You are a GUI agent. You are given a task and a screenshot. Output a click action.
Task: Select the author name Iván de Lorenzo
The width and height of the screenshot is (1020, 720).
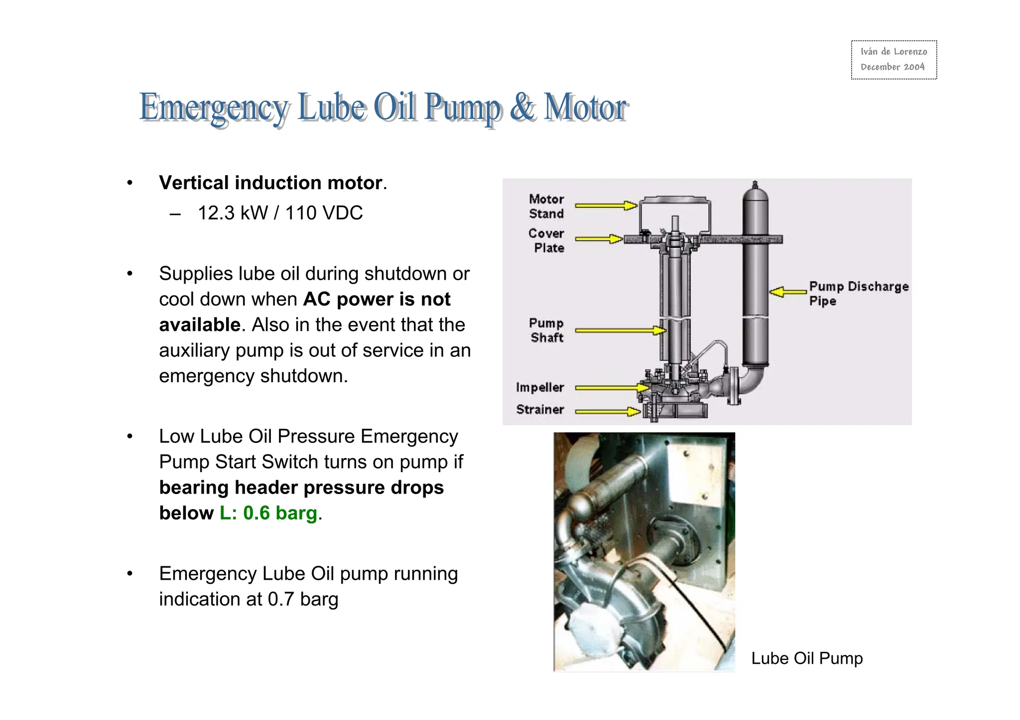coord(893,52)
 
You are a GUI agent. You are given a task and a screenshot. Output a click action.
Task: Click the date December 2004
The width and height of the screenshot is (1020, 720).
coord(892,67)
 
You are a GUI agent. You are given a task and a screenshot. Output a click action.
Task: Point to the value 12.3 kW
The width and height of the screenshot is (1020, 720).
coord(233,213)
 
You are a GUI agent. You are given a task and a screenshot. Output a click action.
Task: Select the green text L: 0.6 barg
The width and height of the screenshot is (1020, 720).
coord(268,513)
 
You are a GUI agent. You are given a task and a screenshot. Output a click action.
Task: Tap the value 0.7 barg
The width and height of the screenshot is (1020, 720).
coord(303,599)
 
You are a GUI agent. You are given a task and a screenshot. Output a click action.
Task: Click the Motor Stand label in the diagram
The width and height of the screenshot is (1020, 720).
coord(546,206)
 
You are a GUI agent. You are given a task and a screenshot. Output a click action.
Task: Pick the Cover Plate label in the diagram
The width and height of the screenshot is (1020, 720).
coord(547,240)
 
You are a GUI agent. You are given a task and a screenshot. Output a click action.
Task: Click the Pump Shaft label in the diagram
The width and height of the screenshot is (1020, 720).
coord(546,330)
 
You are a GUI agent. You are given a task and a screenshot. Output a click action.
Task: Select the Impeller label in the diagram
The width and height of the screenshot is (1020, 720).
coord(540,387)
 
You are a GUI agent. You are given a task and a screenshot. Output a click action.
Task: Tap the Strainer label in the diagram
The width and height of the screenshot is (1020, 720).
coord(540,410)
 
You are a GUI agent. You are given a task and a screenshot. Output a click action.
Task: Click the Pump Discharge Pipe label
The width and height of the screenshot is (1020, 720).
coord(858,293)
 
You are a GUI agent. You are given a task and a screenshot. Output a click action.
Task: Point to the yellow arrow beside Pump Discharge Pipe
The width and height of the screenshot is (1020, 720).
coord(787,292)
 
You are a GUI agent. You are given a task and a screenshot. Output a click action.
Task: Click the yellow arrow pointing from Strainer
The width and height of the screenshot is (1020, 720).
coord(608,411)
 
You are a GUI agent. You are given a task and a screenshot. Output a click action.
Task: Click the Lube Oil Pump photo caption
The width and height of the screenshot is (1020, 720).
coord(807,658)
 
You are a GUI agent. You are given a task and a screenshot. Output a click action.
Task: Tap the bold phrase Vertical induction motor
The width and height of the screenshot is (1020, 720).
coord(270,183)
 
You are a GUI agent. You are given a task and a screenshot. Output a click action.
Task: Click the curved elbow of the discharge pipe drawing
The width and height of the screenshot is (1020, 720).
coord(750,381)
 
